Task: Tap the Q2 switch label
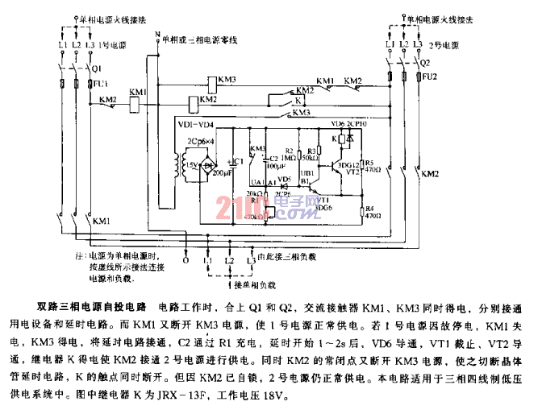(424, 61)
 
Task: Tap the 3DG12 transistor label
(349, 164)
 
